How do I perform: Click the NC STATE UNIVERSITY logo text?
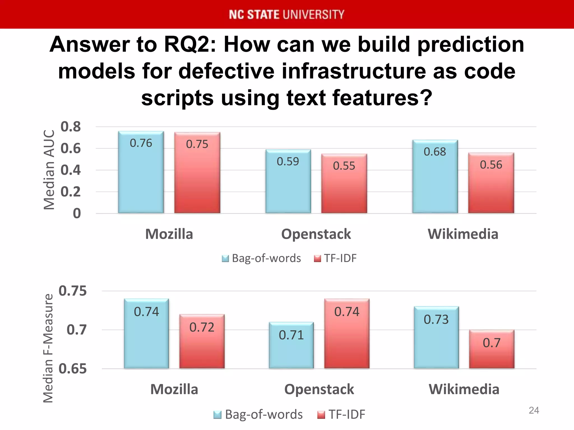(286, 15)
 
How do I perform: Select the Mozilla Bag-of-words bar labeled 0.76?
(141, 172)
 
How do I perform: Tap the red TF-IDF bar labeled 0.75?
(197, 173)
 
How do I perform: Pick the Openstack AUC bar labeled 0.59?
(288, 181)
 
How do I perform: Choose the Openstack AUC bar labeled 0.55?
(344, 183)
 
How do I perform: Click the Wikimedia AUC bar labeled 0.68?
(435, 176)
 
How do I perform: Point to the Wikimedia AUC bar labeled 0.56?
(491, 183)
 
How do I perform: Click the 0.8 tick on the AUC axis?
(71, 127)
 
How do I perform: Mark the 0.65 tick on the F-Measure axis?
(73, 369)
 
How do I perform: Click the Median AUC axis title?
(49, 170)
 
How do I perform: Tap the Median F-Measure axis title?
(48, 348)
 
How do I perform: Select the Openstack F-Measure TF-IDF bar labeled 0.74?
(347, 333)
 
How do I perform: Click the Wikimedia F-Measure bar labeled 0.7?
(492, 349)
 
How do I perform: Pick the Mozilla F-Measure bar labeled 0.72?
(202, 341)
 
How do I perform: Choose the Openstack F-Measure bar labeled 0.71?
(291, 345)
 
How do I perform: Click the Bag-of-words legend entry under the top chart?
(261, 258)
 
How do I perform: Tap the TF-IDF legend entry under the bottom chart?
(341, 414)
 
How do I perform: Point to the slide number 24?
(534, 410)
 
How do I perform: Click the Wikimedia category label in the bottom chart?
(464, 389)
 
